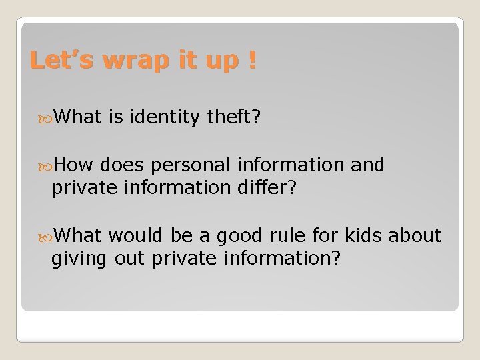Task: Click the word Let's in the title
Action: tap(61, 61)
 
